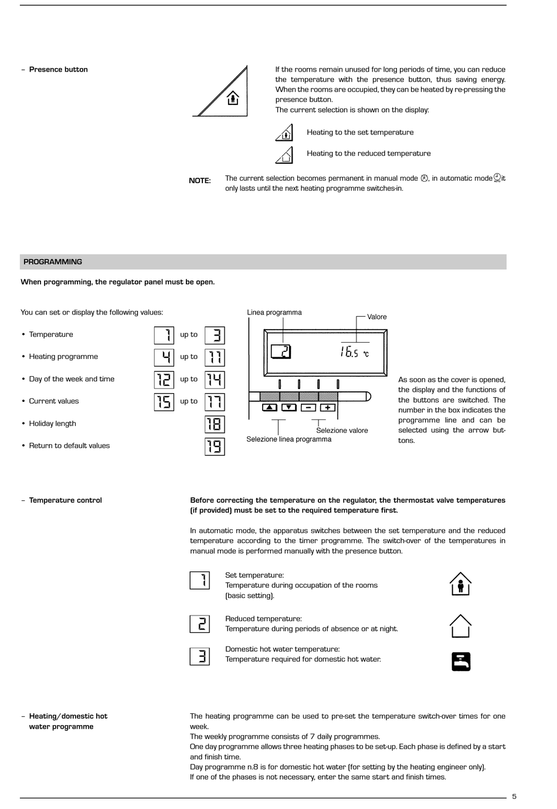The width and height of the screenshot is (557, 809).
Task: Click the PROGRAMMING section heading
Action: pos(53,262)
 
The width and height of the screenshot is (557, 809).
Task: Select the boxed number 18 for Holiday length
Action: pos(215,424)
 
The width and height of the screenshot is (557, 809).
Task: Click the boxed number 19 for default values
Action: pos(215,446)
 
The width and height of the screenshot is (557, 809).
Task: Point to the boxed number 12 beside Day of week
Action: pos(164,380)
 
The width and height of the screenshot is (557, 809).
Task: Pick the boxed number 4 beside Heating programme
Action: pos(164,357)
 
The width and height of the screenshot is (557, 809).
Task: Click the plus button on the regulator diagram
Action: pos(328,407)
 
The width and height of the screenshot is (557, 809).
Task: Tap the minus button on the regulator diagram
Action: pos(308,407)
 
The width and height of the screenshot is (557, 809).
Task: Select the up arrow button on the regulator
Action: pos(269,407)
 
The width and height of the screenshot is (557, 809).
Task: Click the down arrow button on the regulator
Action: pos(289,407)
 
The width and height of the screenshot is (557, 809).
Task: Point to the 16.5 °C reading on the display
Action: pos(354,352)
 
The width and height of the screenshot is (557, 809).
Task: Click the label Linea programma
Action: pos(274,313)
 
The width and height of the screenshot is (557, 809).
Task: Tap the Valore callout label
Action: pos(377,317)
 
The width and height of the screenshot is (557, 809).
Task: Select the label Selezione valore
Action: pos(342,431)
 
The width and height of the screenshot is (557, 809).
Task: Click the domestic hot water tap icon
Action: pos(461,661)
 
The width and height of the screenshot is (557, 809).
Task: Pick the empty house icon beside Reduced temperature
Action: pos(460,626)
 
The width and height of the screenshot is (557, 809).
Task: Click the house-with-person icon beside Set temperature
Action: pos(460,584)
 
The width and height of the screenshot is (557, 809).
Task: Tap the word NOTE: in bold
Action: pos(199,181)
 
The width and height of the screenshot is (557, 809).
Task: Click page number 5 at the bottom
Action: pos(514,796)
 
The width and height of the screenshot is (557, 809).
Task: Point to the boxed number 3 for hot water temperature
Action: pos(200,656)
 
